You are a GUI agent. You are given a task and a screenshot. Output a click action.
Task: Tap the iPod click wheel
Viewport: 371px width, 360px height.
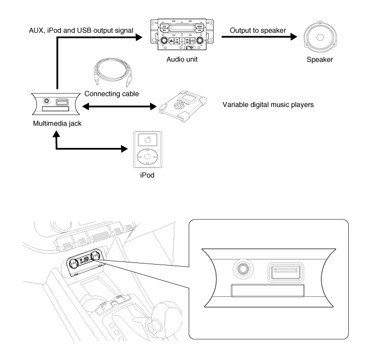pyautogui.click(x=147, y=157)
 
